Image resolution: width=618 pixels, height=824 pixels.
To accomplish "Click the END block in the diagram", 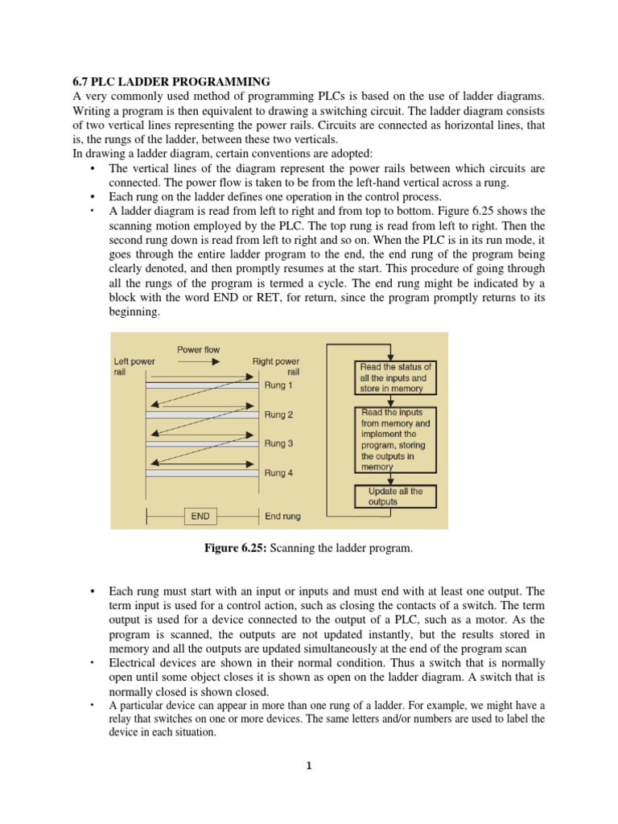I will point(202,516).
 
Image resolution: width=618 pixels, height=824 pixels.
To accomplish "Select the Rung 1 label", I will point(279,385).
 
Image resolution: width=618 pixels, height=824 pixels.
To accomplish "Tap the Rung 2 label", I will point(279,414).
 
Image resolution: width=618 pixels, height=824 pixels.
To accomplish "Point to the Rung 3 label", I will point(279,443).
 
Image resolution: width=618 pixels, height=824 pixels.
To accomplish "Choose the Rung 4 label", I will point(279,473).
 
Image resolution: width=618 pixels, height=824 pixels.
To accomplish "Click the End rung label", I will point(282,516).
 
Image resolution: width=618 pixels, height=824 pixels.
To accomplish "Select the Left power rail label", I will point(134,367).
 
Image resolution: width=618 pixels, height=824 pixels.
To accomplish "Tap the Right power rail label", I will point(276,367).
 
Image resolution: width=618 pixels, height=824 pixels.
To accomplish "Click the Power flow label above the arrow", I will point(198,349).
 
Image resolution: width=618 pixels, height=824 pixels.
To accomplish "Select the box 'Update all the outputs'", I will point(395,496).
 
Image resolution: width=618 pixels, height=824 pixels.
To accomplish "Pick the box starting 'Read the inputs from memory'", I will point(394,439).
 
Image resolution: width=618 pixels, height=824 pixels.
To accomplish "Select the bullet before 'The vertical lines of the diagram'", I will point(93,169).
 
